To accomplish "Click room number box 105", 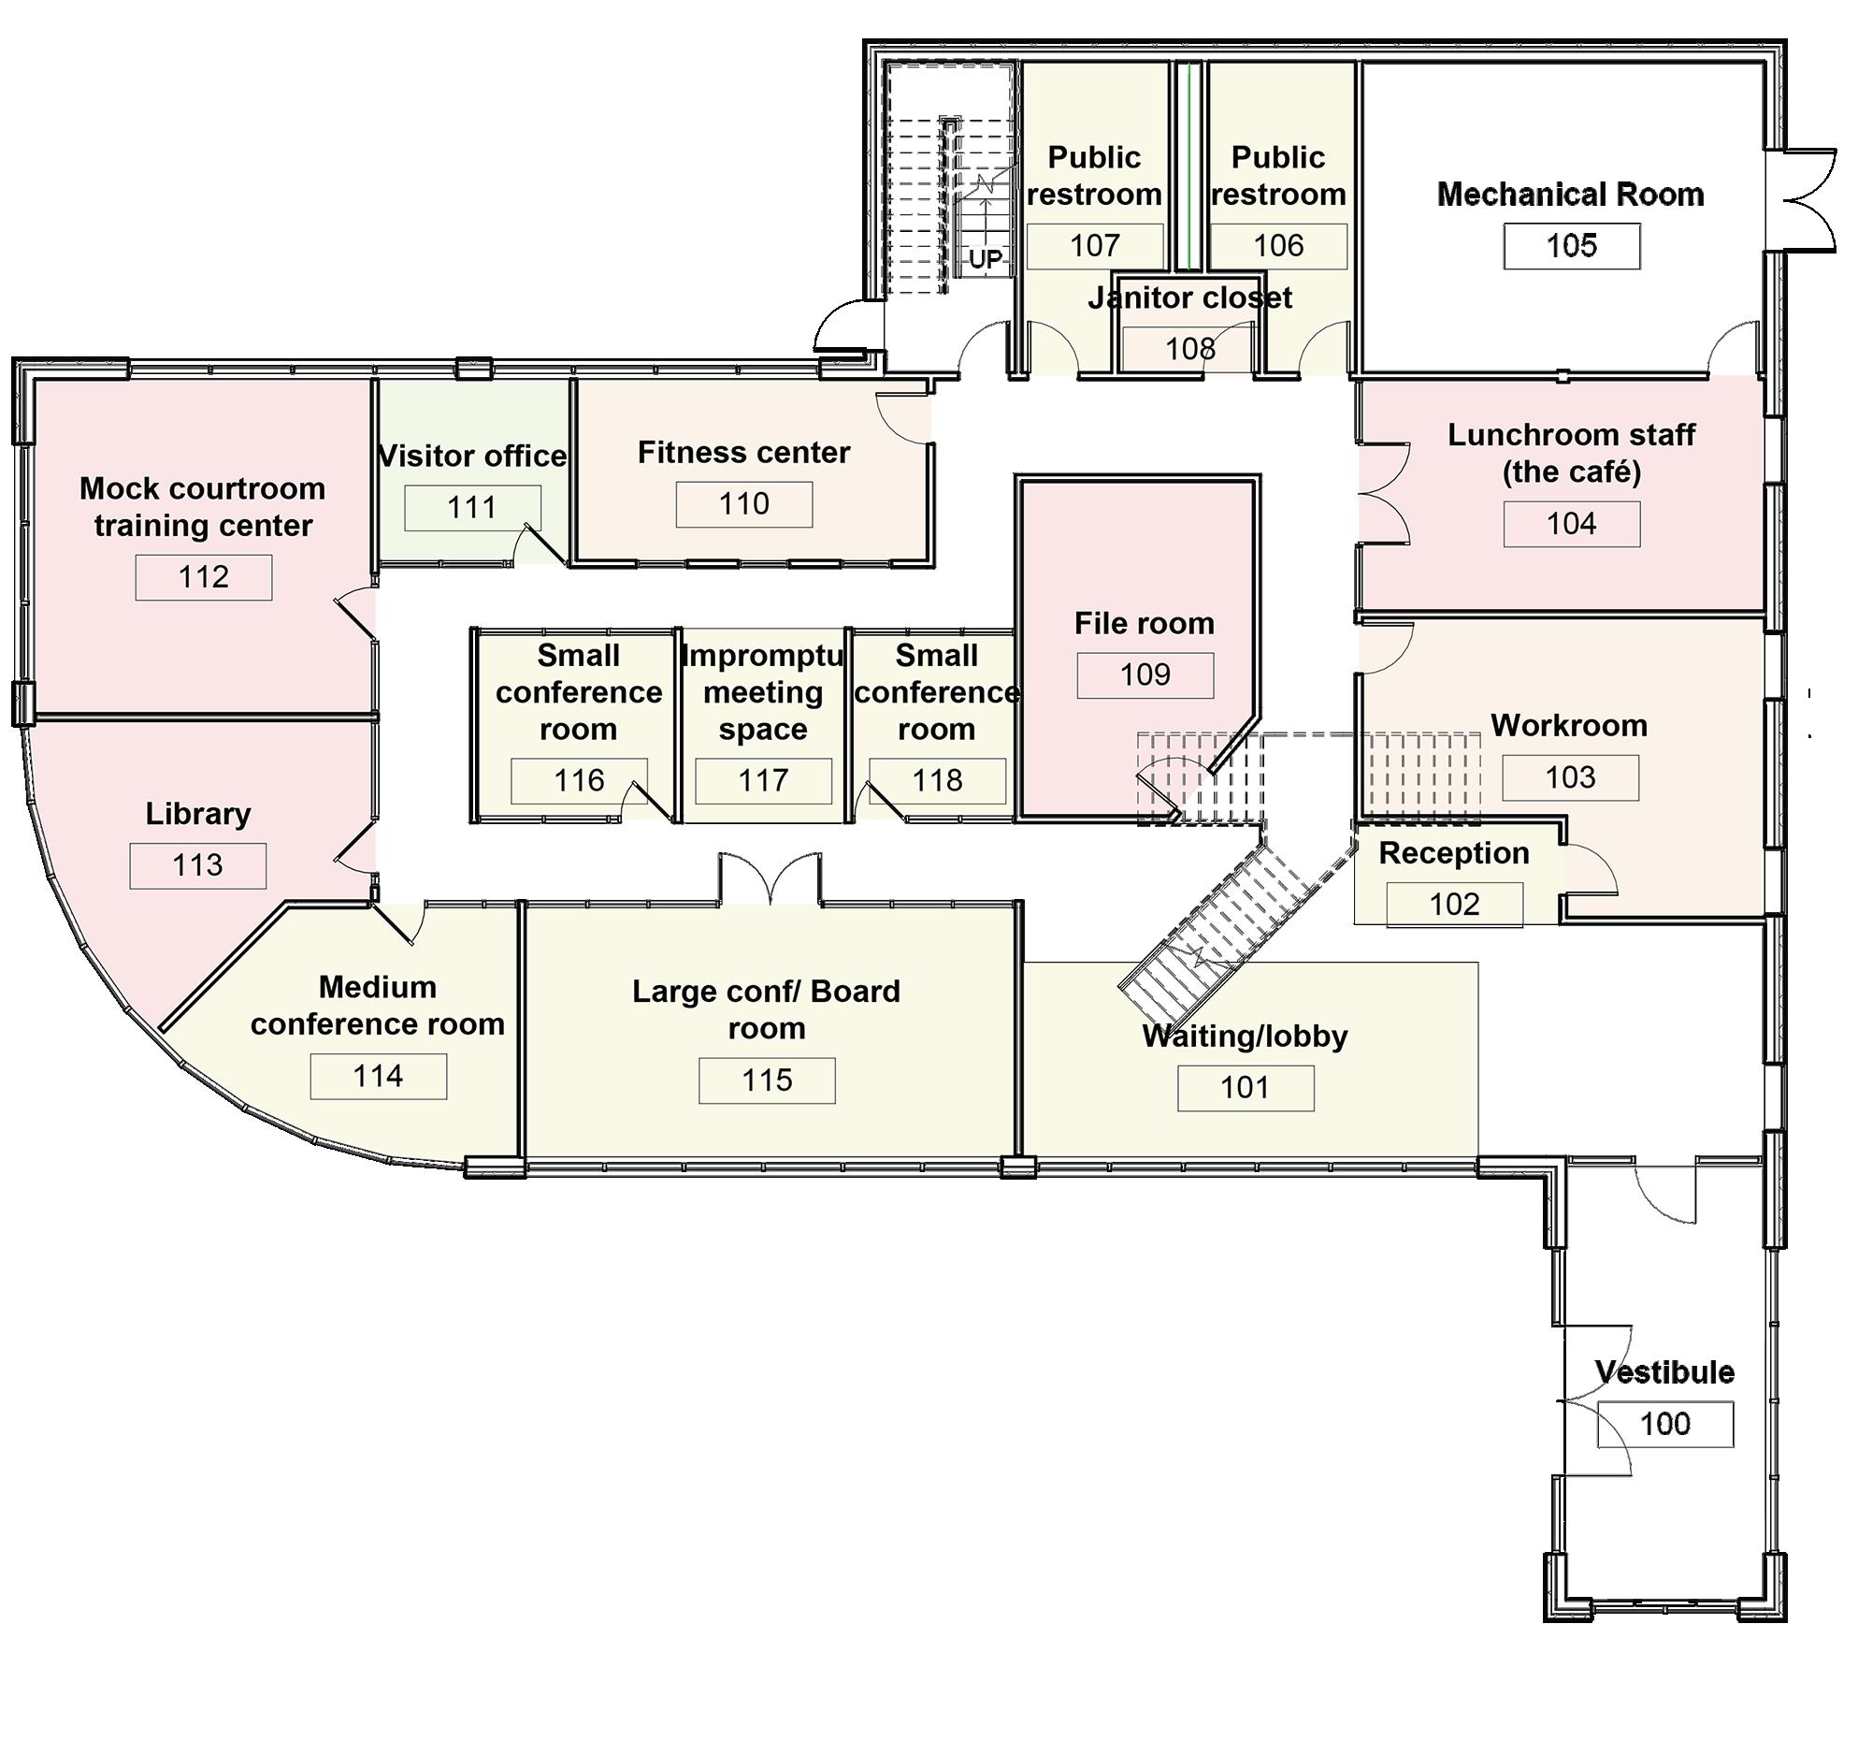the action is pos(1571,246).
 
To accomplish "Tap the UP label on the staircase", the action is pos(985,259).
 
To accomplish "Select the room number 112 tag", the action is pos(203,577).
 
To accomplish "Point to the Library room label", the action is pos(198,814).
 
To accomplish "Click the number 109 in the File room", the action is pos(1145,674).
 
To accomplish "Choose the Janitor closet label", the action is pos(1189,298).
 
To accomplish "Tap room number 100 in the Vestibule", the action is pos(1664,1424).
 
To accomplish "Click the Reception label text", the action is pos(1454,853).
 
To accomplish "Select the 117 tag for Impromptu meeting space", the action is pos(763,780).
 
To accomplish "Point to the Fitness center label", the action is pos(743,453).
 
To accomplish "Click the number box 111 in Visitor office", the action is pos(471,507).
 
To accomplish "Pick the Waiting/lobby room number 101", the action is pos(1245,1088).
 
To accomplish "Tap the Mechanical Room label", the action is pos(1570,195).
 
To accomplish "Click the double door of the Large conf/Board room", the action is pos(770,879).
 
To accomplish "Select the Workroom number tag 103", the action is pos(1570,777).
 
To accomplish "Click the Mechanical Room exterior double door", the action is pos(1805,199).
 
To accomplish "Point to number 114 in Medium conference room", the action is pos(378,1076).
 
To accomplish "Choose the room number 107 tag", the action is pos(1094,246).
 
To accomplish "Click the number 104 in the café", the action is pos(1571,524).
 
